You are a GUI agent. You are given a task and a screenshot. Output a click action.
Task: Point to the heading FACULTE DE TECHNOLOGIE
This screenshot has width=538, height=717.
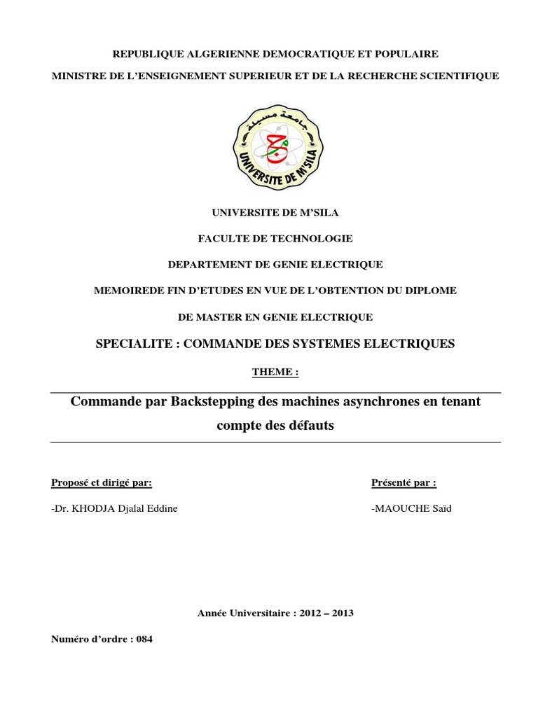click(275, 238)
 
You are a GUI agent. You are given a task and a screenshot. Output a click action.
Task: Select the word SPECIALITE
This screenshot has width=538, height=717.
click(130, 343)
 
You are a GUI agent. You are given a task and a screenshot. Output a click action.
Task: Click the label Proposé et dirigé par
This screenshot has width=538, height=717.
click(101, 482)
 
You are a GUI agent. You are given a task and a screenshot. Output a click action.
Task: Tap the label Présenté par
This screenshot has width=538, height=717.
click(403, 482)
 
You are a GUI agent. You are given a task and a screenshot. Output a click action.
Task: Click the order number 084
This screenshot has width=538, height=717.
click(144, 639)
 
